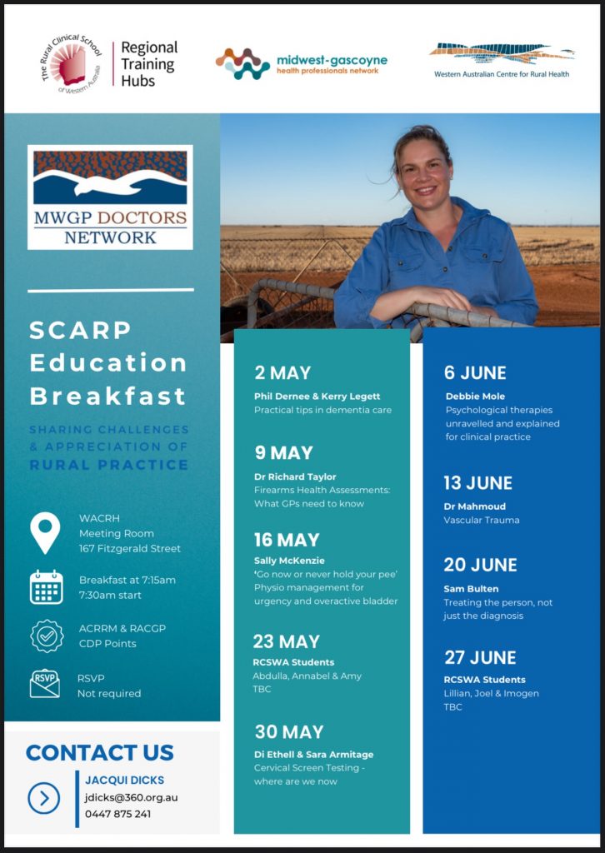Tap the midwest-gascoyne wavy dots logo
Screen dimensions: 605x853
click(242, 64)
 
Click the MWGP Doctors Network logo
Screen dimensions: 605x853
click(110, 197)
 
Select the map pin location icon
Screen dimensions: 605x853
click(45, 533)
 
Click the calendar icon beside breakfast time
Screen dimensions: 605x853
click(46, 587)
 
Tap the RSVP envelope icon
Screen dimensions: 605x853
click(45, 683)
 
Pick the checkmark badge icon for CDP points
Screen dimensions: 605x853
click(47, 636)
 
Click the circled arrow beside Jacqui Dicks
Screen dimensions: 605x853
click(44, 798)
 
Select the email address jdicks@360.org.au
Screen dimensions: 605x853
click(131, 798)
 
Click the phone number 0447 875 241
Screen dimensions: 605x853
click(118, 815)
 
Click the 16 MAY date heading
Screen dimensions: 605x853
click(287, 540)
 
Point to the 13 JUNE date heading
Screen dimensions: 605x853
click(477, 483)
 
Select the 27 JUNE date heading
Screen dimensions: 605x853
click(480, 658)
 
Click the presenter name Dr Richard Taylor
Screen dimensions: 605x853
click(295, 476)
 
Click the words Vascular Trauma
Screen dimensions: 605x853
click(482, 520)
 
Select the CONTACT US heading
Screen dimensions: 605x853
click(99, 753)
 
